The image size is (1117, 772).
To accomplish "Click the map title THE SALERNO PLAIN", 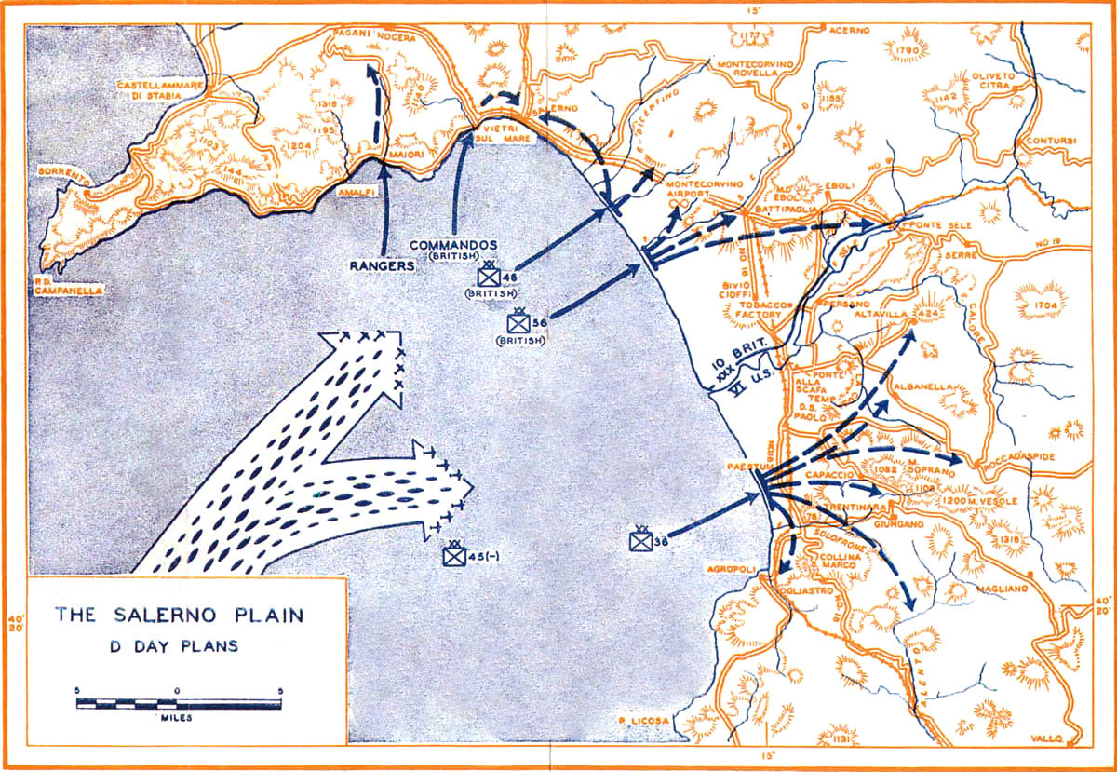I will point(178,616).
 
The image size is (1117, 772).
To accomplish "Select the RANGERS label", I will point(382,264).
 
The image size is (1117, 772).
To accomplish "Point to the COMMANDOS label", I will point(453,245).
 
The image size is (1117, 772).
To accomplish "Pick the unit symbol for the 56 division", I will point(518,322).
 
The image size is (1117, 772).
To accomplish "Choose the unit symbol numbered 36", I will point(640,539).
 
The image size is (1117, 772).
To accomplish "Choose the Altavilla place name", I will point(883,314).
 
